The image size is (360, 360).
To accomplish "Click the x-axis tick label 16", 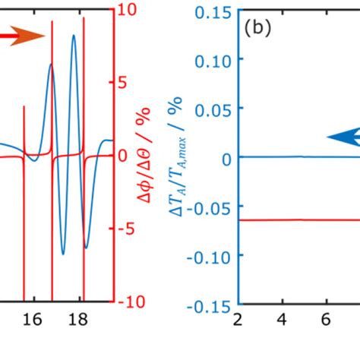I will click(32, 321).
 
